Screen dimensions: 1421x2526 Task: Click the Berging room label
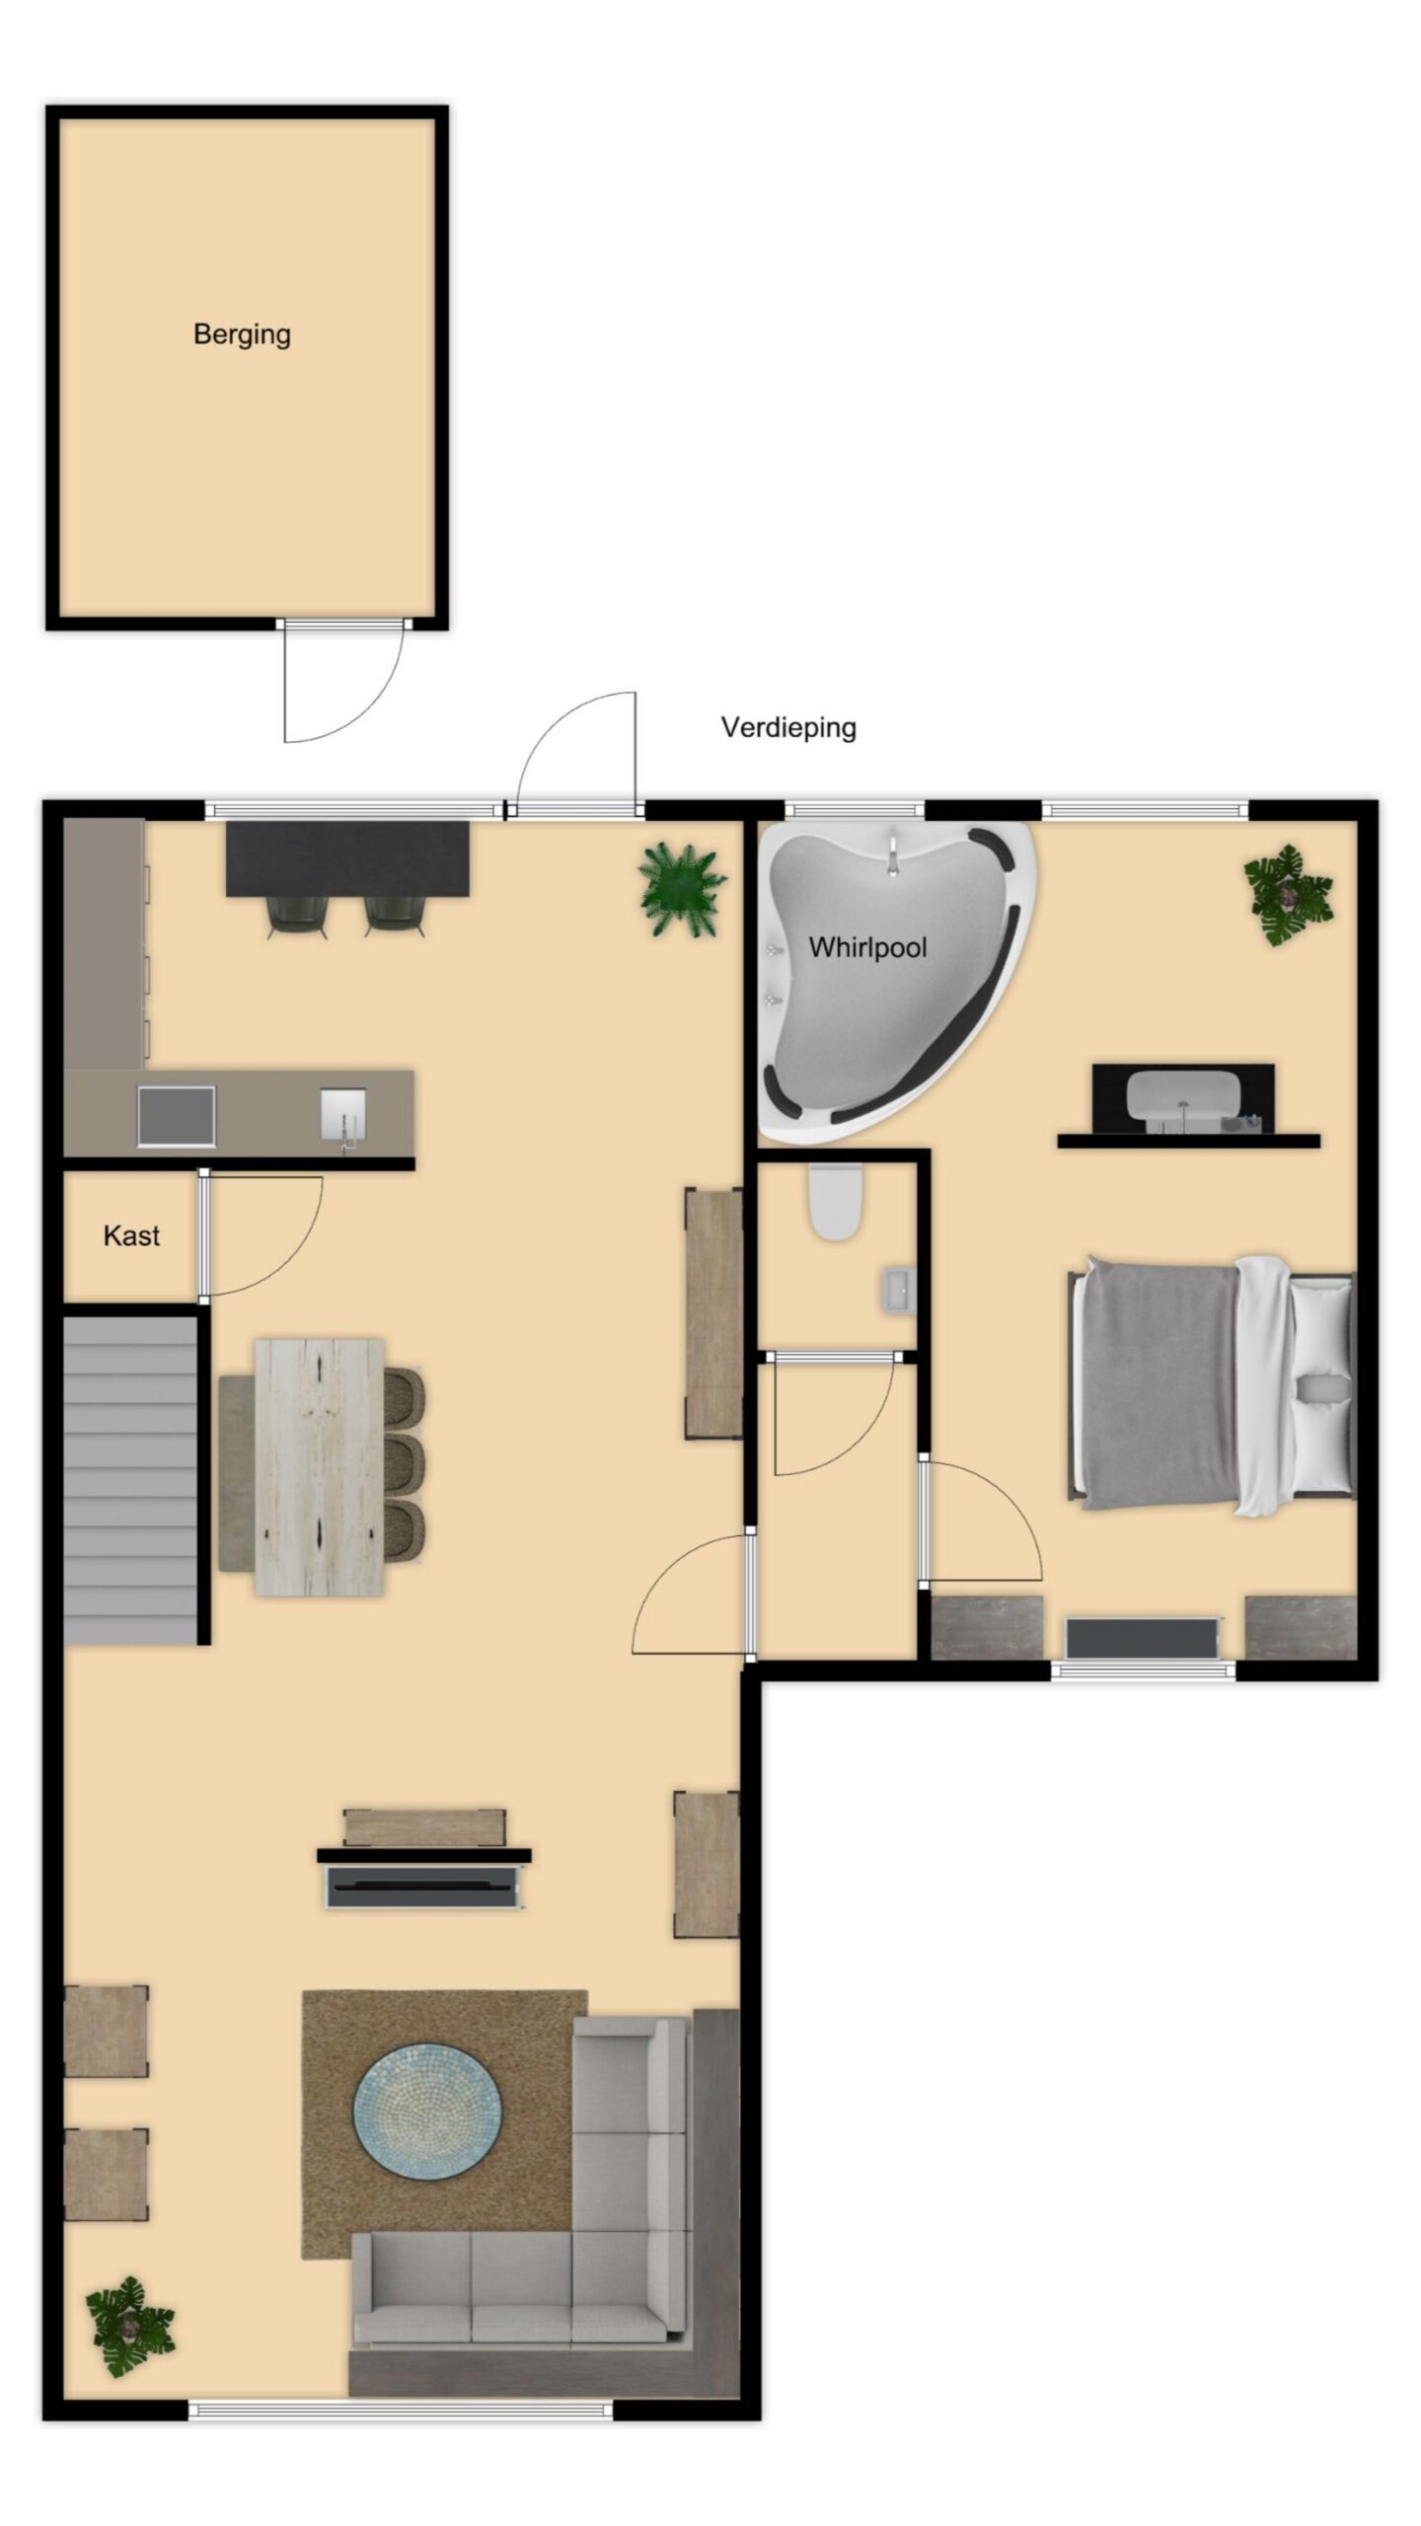tap(242, 334)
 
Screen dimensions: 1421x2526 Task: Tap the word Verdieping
tap(788, 728)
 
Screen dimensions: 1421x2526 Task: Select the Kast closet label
tap(131, 1235)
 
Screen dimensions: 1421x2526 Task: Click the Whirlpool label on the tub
tap(867, 948)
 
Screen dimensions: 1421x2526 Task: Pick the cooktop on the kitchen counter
tap(176, 1115)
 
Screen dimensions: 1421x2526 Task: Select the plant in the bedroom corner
tap(1287, 895)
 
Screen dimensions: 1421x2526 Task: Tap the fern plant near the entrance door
tap(682, 891)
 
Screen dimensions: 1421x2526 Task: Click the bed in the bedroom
tap(1212, 1385)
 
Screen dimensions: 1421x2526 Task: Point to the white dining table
tap(319, 1466)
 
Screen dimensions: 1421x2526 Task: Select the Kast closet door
tap(262, 1235)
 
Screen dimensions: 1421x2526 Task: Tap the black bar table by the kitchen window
tap(347, 858)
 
